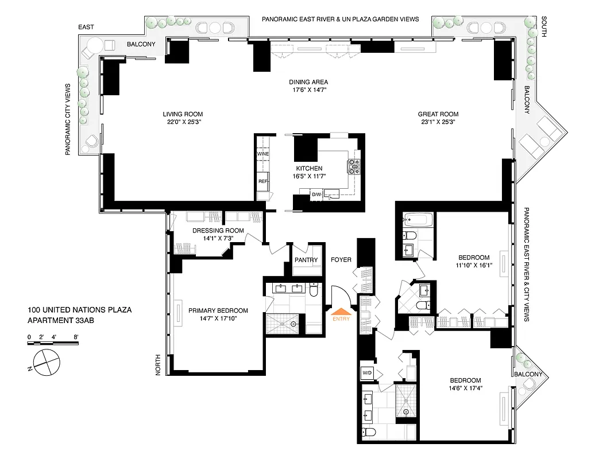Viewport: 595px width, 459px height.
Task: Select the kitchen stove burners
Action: pyautogui.click(x=353, y=166)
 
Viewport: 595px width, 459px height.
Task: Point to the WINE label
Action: pyautogui.click(x=263, y=154)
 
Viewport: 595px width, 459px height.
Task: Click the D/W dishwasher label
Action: pyautogui.click(x=316, y=195)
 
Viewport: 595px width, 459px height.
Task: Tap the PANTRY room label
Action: pyautogui.click(x=306, y=260)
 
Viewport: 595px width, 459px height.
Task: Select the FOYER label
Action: pyautogui.click(x=341, y=260)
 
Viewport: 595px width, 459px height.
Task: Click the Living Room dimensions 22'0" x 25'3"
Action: pyautogui.click(x=183, y=122)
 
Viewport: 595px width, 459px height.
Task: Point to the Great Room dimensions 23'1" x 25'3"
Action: pyautogui.click(x=438, y=122)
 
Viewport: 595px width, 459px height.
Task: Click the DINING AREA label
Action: pyautogui.click(x=308, y=82)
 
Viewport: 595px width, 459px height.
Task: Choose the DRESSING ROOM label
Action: pyautogui.click(x=218, y=231)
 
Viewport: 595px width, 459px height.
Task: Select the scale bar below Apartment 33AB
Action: pyautogui.click(x=53, y=343)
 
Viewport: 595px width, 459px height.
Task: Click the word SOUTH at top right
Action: pyautogui.click(x=543, y=28)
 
